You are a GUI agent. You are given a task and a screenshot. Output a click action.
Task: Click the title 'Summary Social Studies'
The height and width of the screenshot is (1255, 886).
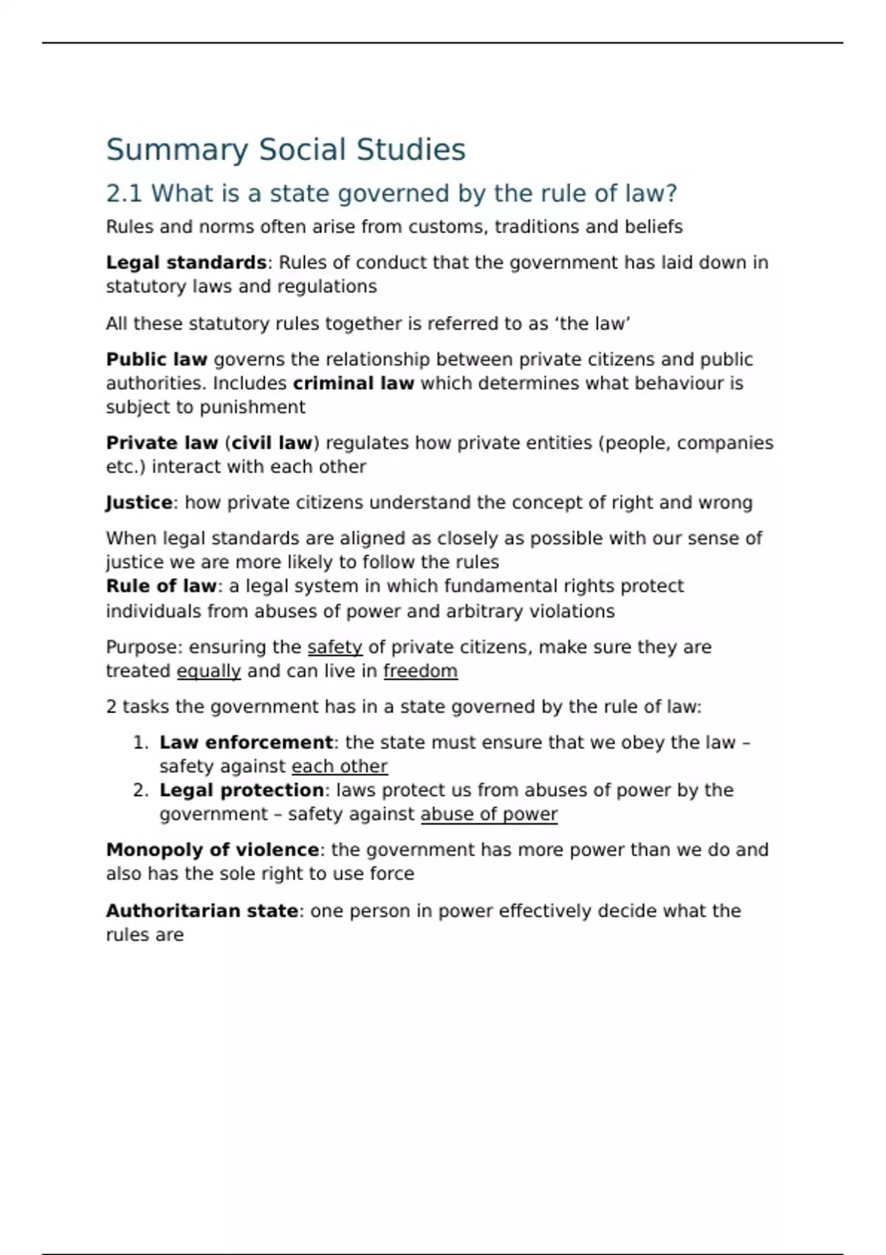coord(286,150)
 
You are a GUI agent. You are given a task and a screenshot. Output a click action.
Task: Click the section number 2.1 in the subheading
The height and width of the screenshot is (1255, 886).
coord(124,193)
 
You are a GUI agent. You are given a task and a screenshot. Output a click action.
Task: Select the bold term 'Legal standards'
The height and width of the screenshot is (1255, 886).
coord(186,263)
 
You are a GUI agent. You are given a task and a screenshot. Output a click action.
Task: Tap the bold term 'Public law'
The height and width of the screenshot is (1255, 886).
coord(157,360)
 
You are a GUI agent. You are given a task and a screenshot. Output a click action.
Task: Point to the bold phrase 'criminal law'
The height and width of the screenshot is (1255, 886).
coord(353,383)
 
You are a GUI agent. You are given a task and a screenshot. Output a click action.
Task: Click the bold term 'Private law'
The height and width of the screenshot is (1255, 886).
coord(162,443)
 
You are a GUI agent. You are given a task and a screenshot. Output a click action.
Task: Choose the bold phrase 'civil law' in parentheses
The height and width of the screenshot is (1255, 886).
coord(272,443)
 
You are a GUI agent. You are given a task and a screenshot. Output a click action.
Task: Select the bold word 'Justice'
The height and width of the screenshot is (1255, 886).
coord(139,503)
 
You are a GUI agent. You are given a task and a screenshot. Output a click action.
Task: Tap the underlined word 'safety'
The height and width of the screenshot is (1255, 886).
coord(334,647)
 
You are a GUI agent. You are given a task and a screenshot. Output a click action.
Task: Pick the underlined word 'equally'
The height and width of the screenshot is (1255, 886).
coord(209,671)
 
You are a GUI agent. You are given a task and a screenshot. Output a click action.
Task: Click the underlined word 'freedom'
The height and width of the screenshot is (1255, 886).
coord(420,671)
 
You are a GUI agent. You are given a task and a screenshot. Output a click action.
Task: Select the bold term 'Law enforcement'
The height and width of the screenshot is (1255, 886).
coord(246,743)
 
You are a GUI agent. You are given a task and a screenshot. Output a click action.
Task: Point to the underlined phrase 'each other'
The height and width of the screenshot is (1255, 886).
coord(339,766)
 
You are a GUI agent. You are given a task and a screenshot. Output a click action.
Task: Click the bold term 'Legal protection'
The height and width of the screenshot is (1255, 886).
coord(241,790)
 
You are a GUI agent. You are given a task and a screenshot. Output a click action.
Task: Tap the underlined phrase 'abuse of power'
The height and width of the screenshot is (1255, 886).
coord(489,814)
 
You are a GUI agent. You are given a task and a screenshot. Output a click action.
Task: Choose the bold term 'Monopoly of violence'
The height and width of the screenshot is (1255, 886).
coord(212,850)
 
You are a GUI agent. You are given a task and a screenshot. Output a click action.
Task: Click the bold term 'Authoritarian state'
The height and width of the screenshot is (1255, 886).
coord(202,911)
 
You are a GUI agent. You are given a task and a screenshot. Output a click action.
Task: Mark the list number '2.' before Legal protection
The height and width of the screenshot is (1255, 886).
coord(141,790)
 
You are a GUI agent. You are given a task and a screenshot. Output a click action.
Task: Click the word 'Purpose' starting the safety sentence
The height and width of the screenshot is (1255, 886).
coord(143,647)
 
